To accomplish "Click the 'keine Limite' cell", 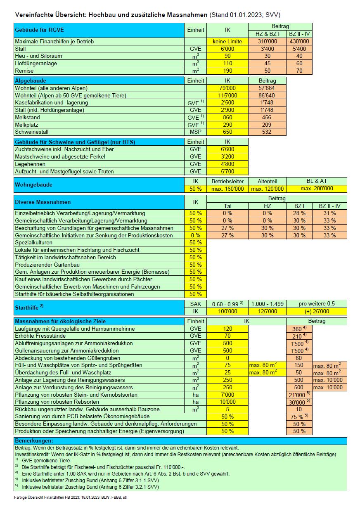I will pyautogui.click(x=227, y=41).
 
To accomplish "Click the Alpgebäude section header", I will pyautogui.click(x=31, y=80).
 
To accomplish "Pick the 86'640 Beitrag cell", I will pyautogui.click(x=267, y=95).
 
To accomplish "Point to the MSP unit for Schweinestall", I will pyautogui.click(x=196, y=132).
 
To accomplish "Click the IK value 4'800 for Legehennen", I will pyautogui.click(x=227, y=164).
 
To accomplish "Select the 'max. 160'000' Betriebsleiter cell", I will pyautogui.click(x=227, y=189).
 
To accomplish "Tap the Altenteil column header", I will pyautogui.click(x=267, y=181).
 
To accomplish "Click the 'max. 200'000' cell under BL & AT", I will pyautogui.click(x=317, y=189).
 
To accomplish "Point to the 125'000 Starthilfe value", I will pyautogui.click(x=267, y=311).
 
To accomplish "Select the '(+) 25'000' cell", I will pyautogui.click(x=317, y=311).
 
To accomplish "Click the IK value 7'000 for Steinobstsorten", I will pyautogui.click(x=227, y=395).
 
